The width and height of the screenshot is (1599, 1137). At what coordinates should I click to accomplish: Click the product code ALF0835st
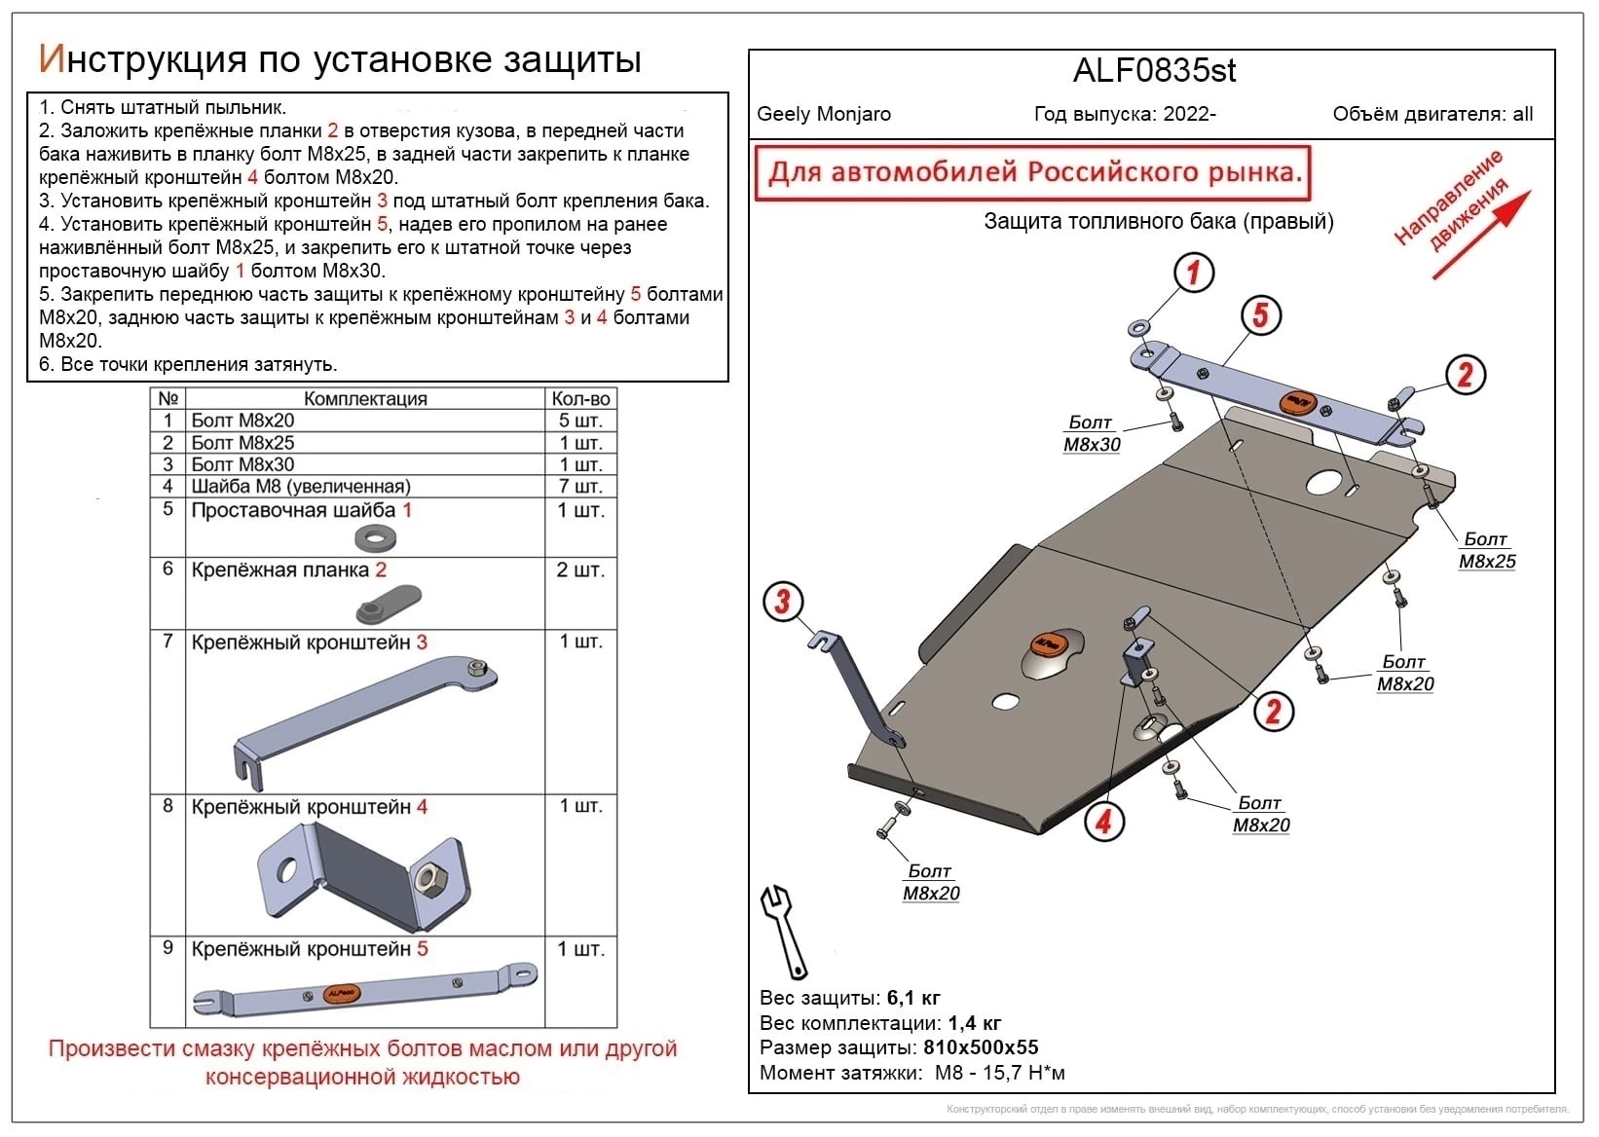pyautogui.click(x=1154, y=71)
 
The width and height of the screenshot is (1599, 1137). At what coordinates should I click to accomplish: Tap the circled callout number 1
pyautogui.click(x=1193, y=273)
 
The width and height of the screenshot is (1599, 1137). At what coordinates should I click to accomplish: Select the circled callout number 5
pyautogui.click(x=1260, y=314)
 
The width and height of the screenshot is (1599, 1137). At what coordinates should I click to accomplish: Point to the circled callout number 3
pyautogui.click(x=782, y=601)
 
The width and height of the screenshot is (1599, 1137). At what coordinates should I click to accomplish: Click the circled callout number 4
pyautogui.click(x=1103, y=821)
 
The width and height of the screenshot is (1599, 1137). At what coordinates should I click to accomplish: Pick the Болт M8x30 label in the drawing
pyautogui.click(x=1092, y=434)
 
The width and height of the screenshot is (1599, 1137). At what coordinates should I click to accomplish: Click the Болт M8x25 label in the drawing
pyautogui.click(x=1486, y=550)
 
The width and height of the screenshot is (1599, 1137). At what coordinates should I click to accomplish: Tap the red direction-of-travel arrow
pyautogui.click(x=1480, y=235)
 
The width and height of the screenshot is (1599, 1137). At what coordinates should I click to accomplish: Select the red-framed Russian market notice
pyautogui.click(x=1033, y=173)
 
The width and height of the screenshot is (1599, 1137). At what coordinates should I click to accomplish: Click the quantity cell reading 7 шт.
pyautogui.click(x=580, y=486)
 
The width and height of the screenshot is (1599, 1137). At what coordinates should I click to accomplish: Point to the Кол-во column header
pyautogui.click(x=580, y=398)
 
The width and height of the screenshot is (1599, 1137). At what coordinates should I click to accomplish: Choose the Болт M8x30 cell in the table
pyautogui.click(x=242, y=464)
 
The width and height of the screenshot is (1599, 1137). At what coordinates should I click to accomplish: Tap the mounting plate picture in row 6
pyautogui.click(x=388, y=603)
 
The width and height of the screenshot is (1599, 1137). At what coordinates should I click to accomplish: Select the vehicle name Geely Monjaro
pyautogui.click(x=824, y=114)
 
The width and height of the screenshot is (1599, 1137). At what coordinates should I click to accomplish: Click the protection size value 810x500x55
pyautogui.click(x=981, y=1047)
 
